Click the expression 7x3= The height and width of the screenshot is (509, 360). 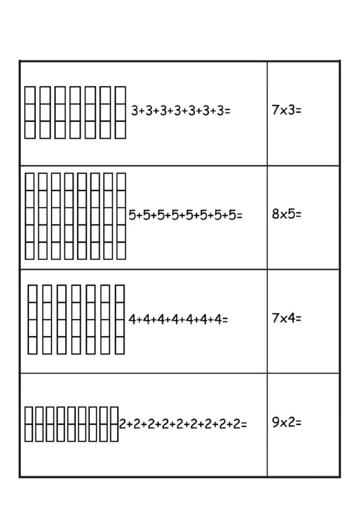click(x=287, y=110)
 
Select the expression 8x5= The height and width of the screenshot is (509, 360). click(x=287, y=214)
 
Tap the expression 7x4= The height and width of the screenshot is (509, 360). click(x=287, y=318)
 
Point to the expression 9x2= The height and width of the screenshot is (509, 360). click(x=287, y=423)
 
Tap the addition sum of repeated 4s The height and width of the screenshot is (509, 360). click(x=178, y=320)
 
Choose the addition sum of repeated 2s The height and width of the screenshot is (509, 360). click(x=183, y=424)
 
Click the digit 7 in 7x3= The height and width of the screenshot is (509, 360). click(x=275, y=110)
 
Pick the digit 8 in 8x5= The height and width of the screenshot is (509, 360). click(x=275, y=214)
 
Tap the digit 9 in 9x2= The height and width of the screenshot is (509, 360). click(x=275, y=423)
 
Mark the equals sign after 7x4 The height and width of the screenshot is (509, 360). click(x=298, y=319)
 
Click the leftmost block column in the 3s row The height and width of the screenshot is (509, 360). click(x=30, y=112)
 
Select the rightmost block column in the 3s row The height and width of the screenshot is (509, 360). click(x=121, y=112)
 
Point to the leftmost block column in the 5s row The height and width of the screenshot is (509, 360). click(x=30, y=216)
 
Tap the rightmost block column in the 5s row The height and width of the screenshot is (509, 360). click(x=121, y=216)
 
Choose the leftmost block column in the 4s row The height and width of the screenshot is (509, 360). click(x=32, y=319)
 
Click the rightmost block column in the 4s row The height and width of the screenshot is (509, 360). click(x=120, y=319)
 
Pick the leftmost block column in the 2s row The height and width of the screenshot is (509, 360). click(x=29, y=424)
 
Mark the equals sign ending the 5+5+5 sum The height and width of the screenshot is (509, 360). click(x=239, y=216)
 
